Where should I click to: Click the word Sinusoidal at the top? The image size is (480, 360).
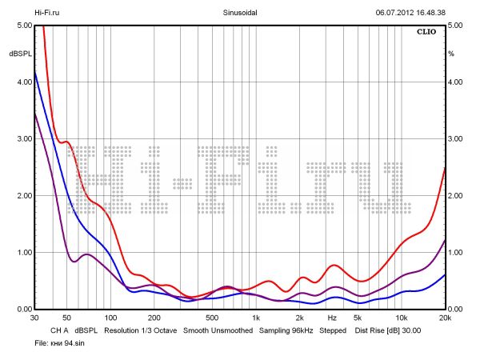click(x=239, y=13)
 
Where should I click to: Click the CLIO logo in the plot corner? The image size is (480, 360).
click(x=429, y=33)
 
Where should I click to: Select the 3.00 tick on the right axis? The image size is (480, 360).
click(x=456, y=139)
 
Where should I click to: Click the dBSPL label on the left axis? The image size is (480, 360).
click(x=19, y=53)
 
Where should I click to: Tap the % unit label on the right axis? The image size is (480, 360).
click(x=451, y=53)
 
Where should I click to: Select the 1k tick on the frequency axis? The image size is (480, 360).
click(x=256, y=318)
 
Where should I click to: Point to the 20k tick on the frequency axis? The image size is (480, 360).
click(x=445, y=318)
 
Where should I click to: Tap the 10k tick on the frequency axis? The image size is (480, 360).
click(x=402, y=318)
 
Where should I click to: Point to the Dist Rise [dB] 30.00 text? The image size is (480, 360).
click(x=387, y=330)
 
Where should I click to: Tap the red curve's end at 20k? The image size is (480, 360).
click(x=444, y=168)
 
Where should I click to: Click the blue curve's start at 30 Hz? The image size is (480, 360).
click(x=35, y=74)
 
